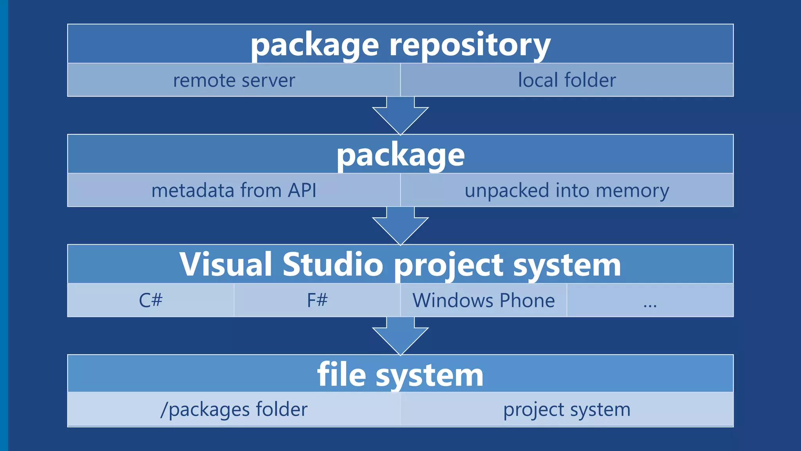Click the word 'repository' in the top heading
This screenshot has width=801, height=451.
469,45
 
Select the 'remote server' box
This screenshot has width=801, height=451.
234,80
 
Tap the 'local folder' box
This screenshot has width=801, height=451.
567,80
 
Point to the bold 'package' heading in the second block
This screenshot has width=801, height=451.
400,155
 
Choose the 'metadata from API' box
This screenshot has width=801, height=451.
234,190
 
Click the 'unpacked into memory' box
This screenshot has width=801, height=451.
567,190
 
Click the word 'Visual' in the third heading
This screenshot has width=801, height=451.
226,264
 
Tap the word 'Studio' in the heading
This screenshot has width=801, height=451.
333,264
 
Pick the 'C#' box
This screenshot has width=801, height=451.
151,300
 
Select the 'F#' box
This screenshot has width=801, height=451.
317,300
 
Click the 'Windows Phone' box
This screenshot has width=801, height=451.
483,300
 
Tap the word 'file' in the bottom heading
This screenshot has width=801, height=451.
341,375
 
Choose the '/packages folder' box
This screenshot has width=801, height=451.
234,410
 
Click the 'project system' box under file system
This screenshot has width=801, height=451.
567,410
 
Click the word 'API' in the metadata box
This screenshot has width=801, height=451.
302,190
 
